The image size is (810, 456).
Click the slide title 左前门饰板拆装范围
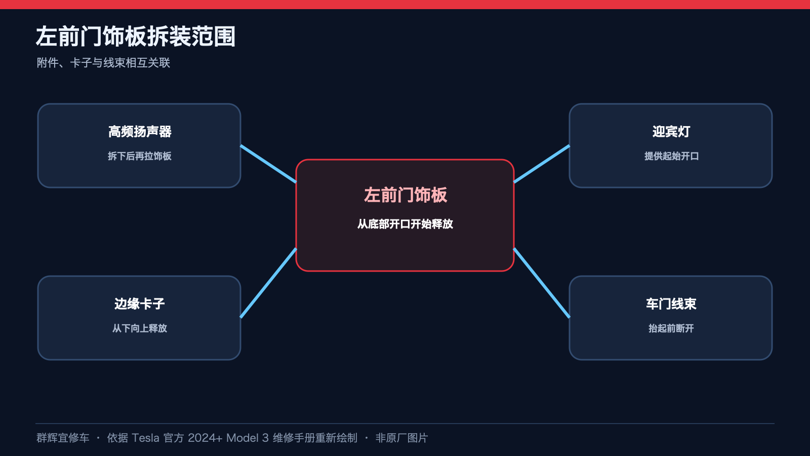(x=136, y=36)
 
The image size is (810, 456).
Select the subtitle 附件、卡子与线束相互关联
(x=103, y=63)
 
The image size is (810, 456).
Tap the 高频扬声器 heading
(x=140, y=132)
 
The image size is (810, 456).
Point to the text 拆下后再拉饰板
(x=140, y=156)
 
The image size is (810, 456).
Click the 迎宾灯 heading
(x=671, y=132)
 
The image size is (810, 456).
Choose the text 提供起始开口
(x=671, y=156)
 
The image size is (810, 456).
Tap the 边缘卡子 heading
(x=140, y=304)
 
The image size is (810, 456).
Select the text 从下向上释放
(x=140, y=328)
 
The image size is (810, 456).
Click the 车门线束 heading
(x=671, y=304)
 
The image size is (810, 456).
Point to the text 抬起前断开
(x=671, y=328)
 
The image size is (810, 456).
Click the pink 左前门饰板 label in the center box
(x=406, y=195)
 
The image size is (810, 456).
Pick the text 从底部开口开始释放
(x=405, y=224)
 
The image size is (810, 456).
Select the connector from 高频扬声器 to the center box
(x=268, y=164)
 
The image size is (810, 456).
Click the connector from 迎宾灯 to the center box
(x=542, y=164)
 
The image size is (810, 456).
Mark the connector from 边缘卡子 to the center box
(x=268, y=283)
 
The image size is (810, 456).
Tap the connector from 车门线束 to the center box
(x=542, y=283)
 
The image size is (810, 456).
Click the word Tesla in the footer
(x=145, y=438)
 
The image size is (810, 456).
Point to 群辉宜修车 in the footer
(x=63, y=438)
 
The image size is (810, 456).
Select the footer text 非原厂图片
(x=402, y=438)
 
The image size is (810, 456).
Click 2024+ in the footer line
(x=205, y=438)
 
